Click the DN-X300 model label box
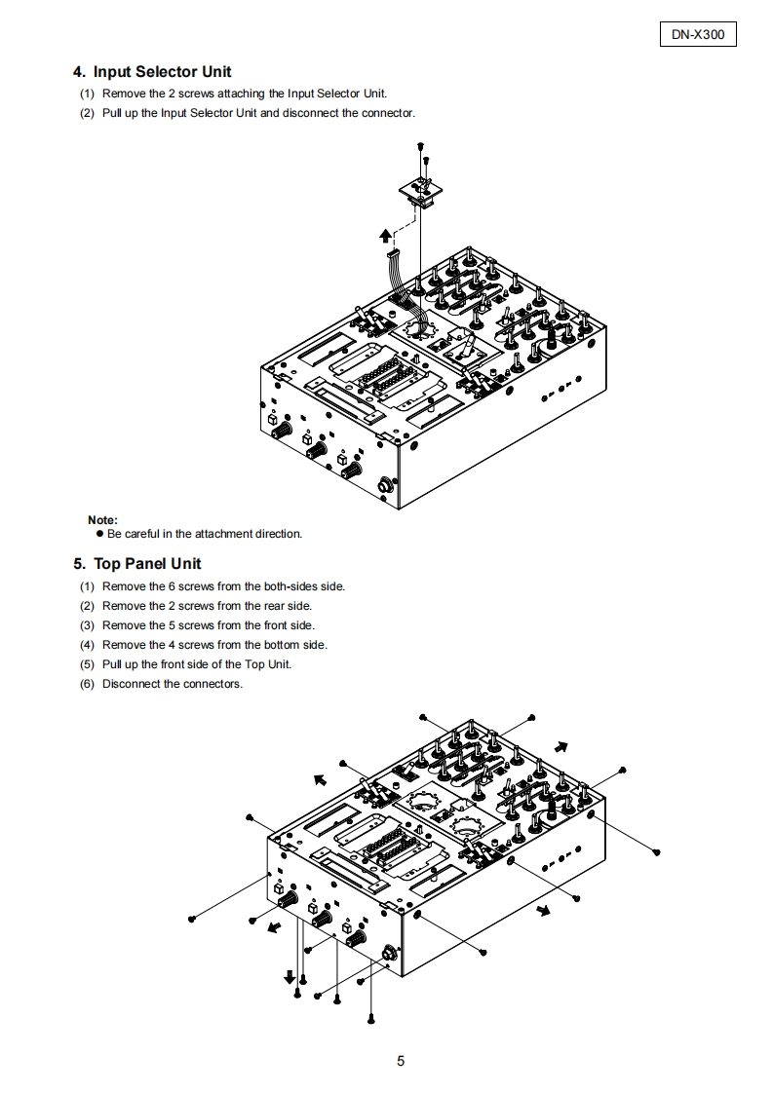698,35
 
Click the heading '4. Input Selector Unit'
152,72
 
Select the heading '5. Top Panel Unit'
137,564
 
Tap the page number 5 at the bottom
401,1061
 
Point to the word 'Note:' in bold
102,520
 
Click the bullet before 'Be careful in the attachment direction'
99,534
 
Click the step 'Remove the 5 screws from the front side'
208,625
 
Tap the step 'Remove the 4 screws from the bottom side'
214,645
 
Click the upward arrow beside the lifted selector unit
386,234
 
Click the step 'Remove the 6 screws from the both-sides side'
223,586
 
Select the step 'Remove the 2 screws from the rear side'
207,606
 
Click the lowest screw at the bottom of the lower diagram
371,1018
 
